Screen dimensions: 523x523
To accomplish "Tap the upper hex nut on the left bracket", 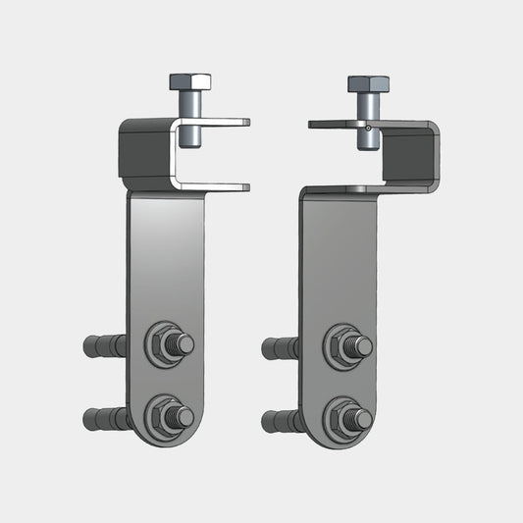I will pyautogui.click(x=163, y=343).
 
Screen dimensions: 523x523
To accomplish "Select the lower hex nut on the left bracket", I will pyautogui.click(x=163, y=416).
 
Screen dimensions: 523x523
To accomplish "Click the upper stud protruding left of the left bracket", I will pyautogui.click(x=105, y=345).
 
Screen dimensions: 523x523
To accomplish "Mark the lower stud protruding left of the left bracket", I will pyautogui.click(x=105, y=419).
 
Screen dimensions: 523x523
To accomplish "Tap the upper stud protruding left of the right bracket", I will pyautogui.click(x=283, y=347).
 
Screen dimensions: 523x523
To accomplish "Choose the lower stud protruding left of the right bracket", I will pyautogui.click(x=283, y=421).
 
